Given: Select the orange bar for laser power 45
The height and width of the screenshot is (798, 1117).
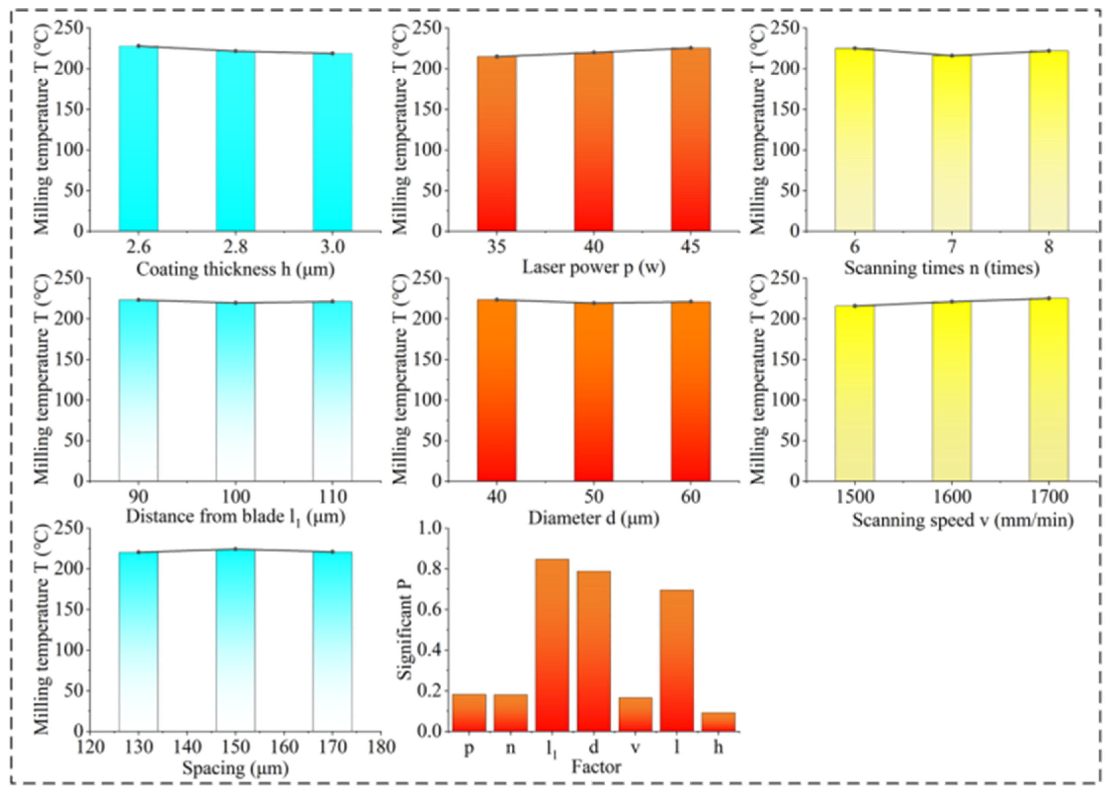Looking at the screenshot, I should [690, 140].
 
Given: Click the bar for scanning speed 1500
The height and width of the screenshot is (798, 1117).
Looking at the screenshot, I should [854, 393].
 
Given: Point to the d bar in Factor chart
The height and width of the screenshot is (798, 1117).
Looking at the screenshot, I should [593, 651].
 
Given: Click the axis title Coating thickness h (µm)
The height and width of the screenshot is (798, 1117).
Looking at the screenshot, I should [235, 269].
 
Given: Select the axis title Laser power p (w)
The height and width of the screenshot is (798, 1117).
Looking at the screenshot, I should [593, 267].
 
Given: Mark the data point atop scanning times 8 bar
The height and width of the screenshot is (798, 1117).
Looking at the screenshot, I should [1049, 51].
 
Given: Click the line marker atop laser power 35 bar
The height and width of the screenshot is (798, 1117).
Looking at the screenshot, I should [496, 56].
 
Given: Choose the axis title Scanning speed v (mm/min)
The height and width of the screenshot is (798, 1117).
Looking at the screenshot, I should [963, 520].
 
